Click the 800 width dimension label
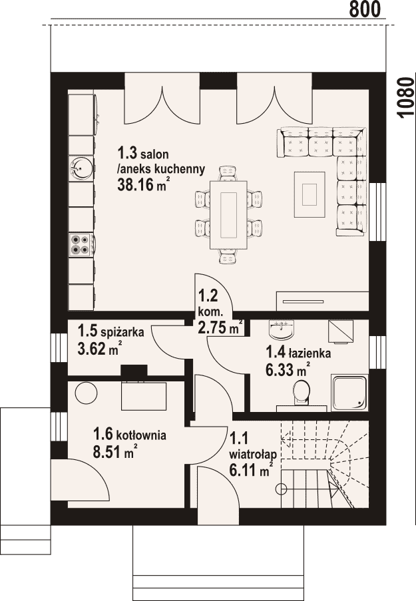coord(365,9)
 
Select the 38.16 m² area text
coord(143,185)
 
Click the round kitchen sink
coord(81,168)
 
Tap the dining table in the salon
coord(228,214)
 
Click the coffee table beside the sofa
coord(310,194)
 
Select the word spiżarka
coord(122,331)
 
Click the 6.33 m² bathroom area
coord(288,370)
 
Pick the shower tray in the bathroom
coord(349,393)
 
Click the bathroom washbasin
coord(282,329)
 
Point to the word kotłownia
coord(141,435)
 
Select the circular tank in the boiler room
coord(86,393)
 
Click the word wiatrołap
coord(253,455)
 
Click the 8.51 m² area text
coord(115,451)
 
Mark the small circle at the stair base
coord(282,489)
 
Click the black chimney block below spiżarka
coord(134,370)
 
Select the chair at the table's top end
coord(228,173)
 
